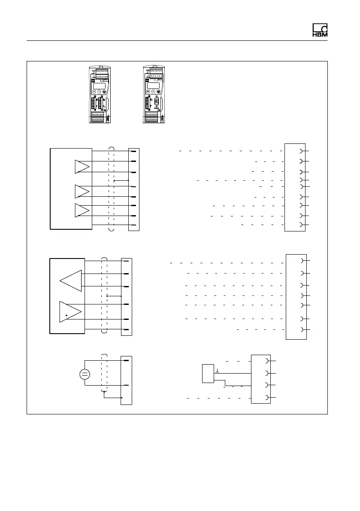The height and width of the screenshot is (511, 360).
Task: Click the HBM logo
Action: click(x=320, y=31)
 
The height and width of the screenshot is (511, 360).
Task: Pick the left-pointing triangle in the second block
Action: click(x=71, y=280)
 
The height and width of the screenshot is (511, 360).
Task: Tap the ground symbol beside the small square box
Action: click(x=218, y=371)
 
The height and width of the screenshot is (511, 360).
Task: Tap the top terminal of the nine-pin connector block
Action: click(x=302, y=151)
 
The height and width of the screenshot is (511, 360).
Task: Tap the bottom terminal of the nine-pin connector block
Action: click(x=302, y=225)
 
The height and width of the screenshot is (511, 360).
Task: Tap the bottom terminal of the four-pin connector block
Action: click(x=269, y=397)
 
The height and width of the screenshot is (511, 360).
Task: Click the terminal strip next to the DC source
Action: click(x=127, y=380)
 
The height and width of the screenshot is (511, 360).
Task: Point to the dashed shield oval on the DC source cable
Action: click(x=103, y=374)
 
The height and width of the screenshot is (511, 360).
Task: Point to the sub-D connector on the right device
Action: click(x=158, y=104)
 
